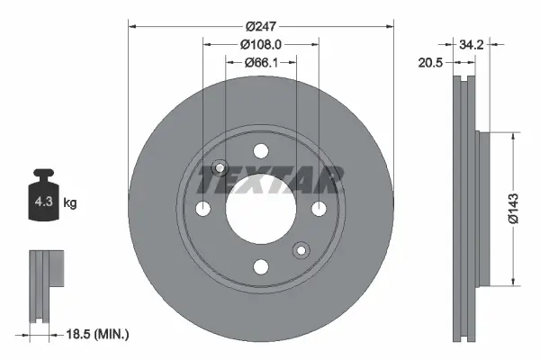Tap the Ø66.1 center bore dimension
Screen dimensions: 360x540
click(x=261, y=62)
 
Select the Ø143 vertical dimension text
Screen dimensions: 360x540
click(x=511, y=207)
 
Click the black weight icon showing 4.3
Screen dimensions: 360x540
click(x=43, y=201)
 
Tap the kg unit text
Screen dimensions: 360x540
click(x=70, y=203)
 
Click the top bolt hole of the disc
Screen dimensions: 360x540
click(x=261, y=150)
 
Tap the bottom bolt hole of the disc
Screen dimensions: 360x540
click(x=261, y=266)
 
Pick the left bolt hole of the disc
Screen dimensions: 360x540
click(x=202, y=209)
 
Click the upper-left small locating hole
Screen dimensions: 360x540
click(x=218, y=168)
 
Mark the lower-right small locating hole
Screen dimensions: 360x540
click(x=301, y=250)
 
